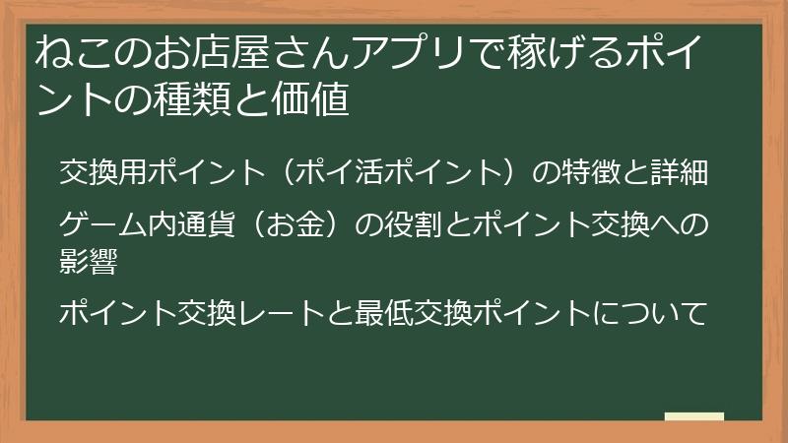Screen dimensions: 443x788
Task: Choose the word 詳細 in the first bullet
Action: pos(679,173)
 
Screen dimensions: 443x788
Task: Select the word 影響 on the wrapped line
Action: pos(89,261)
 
